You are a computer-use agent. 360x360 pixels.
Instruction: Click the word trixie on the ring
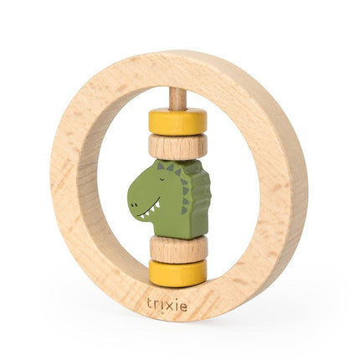pyautogui.click(x=167, y=306)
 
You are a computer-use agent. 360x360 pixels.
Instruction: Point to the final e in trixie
pyautogui.click(x=184, y=306)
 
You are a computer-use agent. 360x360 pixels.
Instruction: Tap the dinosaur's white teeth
pyautogui.click(x=151, y=216)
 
